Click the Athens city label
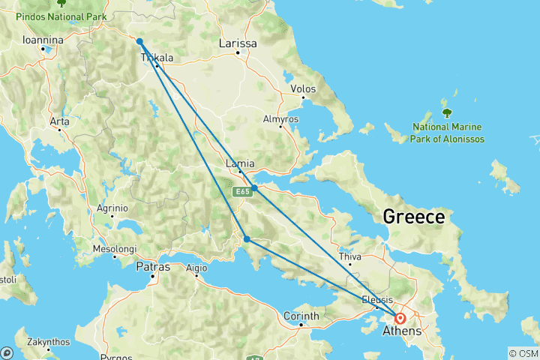(402, 331)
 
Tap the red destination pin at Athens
(401, 318)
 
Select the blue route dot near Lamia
(255, 188)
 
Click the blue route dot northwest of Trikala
(139, 42)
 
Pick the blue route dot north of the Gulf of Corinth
(247, 239)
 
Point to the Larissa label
(237, 43)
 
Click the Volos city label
(303, 88)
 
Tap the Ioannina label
(42, 39)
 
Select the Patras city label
(153, 266)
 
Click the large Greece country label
(413, 217)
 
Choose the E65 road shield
(240, 193)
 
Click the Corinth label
(301, 316)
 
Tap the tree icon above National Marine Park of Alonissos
(447, 113)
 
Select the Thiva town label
(349, 256)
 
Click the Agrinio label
(112, 208)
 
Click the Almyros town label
(280, 118)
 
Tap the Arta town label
(59, 121)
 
